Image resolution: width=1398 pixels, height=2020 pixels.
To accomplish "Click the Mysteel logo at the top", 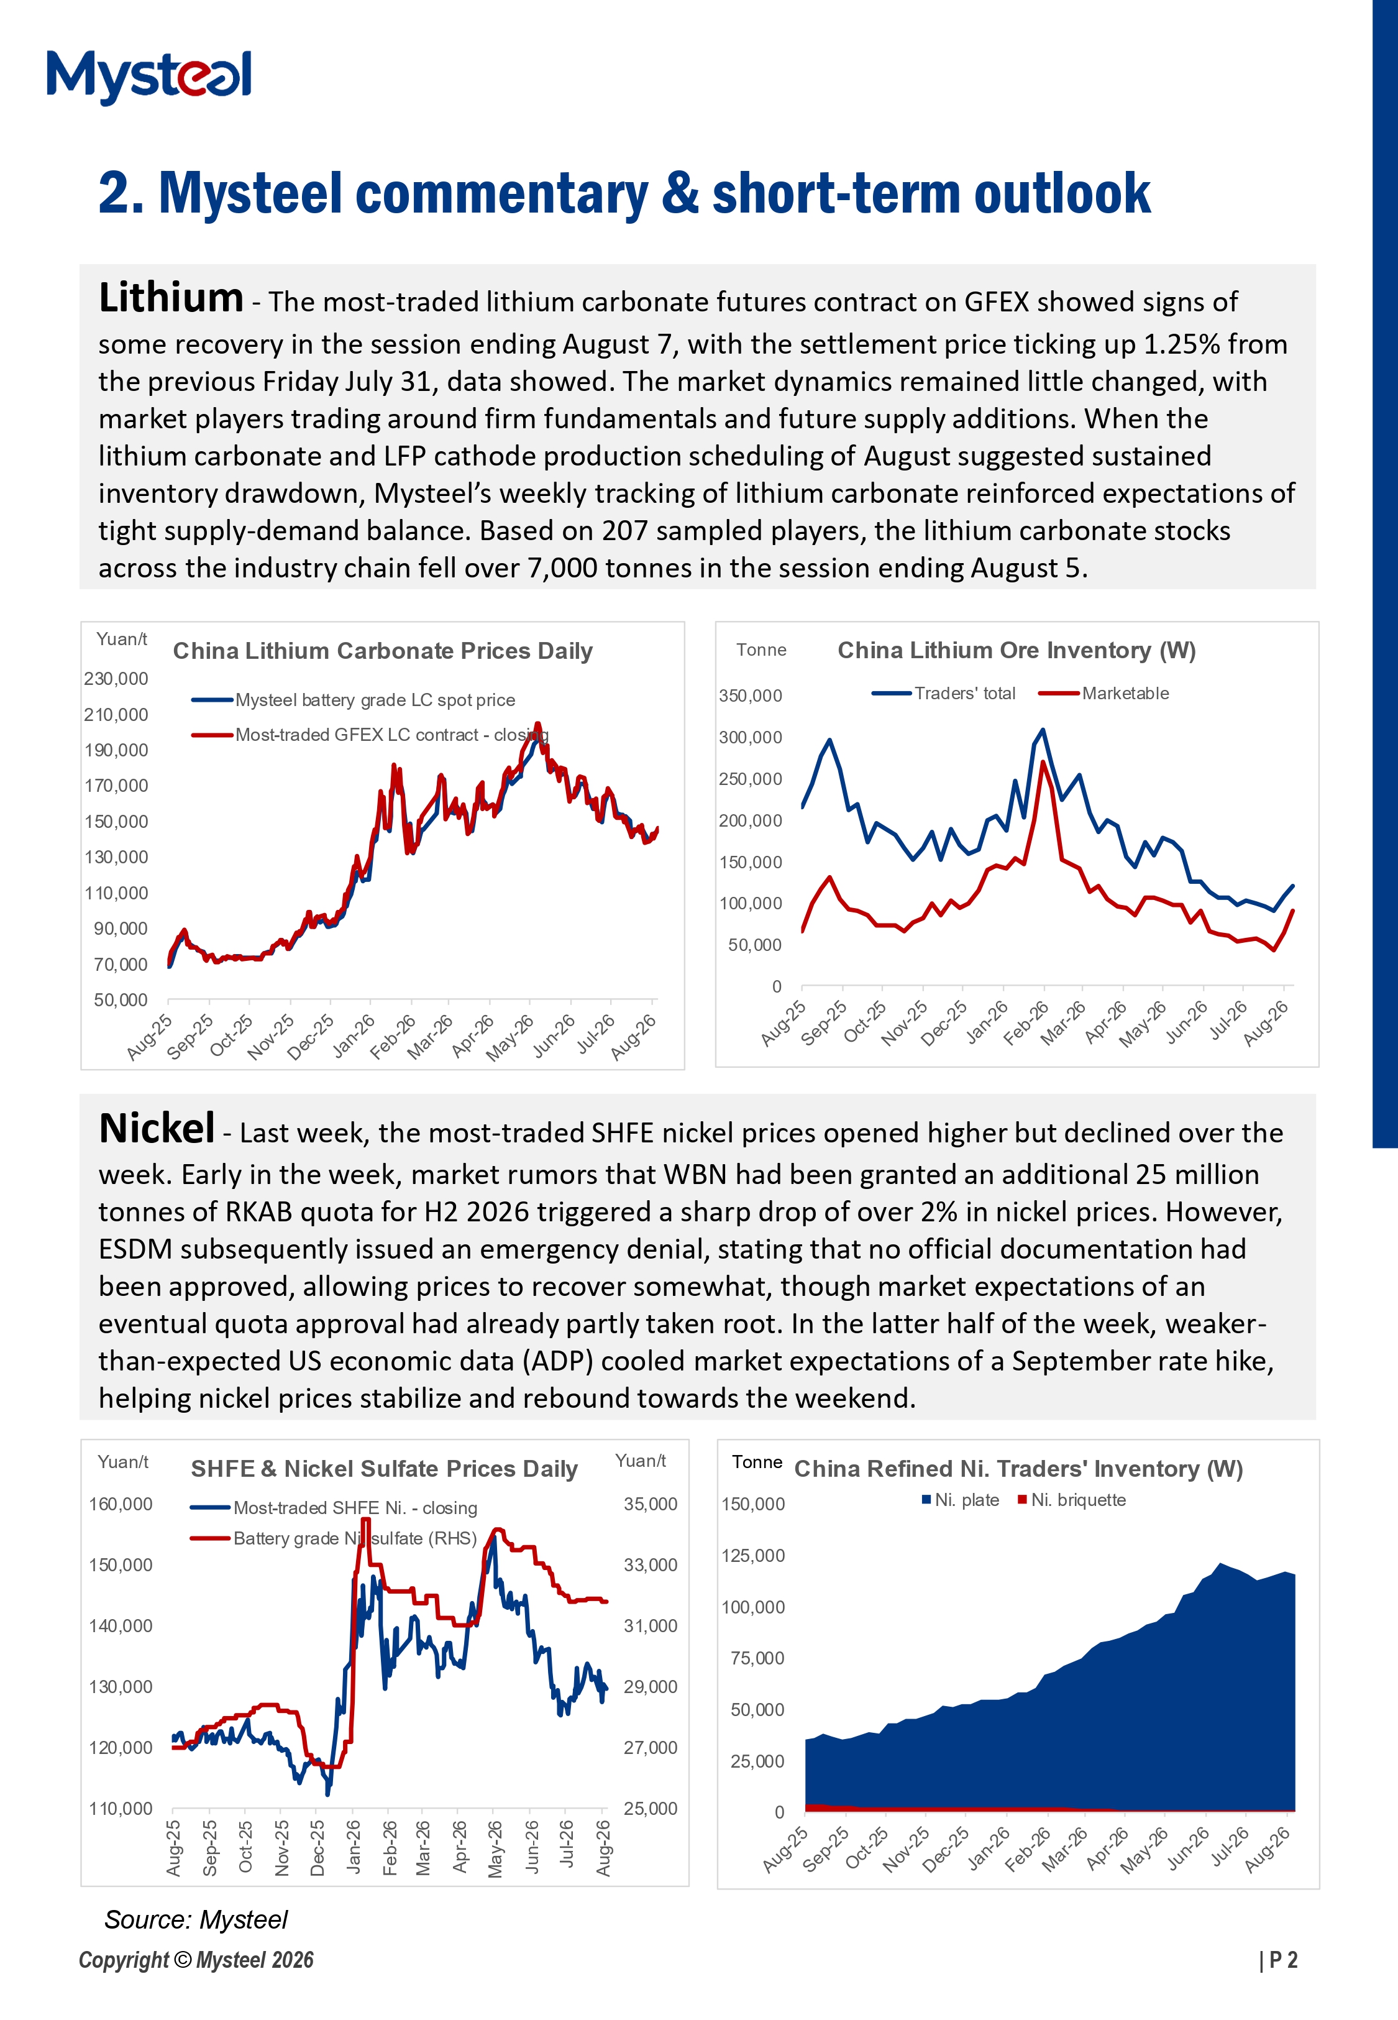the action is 149,77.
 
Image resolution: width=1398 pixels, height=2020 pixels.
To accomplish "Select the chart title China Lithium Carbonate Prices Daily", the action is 383,651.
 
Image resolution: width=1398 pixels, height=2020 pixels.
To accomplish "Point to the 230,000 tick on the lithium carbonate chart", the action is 117,679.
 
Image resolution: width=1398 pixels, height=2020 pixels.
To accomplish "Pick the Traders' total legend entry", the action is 943,693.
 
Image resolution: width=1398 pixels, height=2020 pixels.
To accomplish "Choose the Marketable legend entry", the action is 1103,693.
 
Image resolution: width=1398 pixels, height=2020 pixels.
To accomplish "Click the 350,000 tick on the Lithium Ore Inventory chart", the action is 751,696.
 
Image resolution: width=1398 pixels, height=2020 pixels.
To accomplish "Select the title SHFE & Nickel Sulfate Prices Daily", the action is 385,1469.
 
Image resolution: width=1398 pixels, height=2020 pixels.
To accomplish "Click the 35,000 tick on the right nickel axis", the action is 651,1504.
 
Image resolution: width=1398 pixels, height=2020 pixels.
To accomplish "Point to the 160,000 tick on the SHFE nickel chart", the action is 121,1504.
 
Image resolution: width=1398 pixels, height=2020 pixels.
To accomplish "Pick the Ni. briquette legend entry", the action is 1072,1500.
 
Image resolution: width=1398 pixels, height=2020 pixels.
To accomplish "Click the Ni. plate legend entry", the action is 961,1500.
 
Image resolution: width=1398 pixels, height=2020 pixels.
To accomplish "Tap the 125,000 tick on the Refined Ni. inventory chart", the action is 753,1556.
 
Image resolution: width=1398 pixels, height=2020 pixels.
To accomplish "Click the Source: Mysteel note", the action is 196,1920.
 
